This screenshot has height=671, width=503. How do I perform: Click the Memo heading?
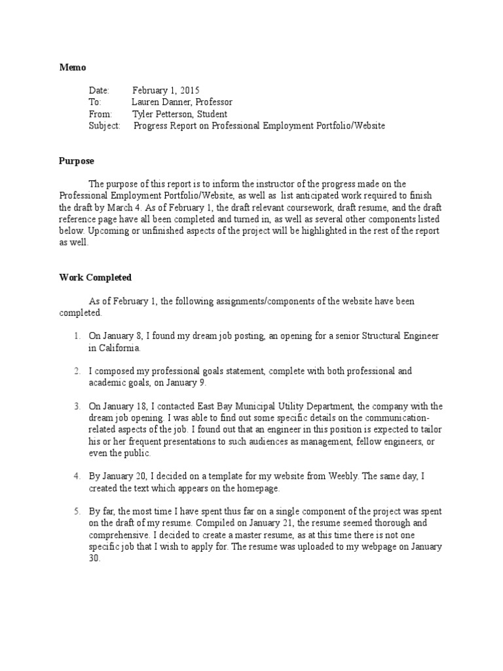[72, 67]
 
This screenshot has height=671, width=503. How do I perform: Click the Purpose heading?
[77, 161]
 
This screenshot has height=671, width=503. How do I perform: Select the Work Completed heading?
[95, 277]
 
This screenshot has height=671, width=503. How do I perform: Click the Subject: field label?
[104, 126]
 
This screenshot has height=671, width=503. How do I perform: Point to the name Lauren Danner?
[160, 102]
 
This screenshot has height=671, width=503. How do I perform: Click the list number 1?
[77, 336]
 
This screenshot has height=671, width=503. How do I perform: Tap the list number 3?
[77, 406]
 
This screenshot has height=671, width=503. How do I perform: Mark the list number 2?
[77, 371]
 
